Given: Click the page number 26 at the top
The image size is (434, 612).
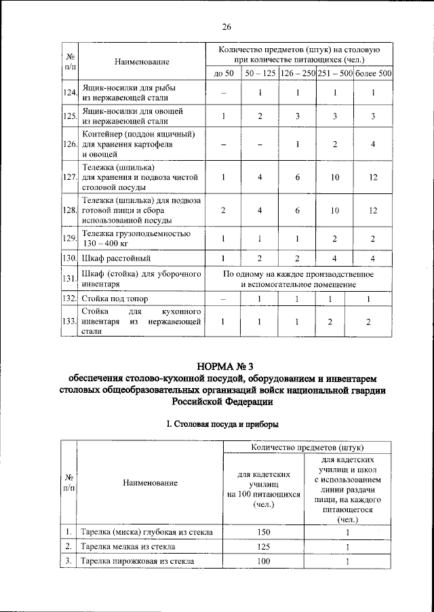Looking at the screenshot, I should point(226,27).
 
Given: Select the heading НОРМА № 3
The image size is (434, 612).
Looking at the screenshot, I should point(226,365).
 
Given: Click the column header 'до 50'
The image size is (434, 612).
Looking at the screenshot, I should point(223,73).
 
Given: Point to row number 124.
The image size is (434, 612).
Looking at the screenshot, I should point(68,92).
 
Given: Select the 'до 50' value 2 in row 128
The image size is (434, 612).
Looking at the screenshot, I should point(223,210).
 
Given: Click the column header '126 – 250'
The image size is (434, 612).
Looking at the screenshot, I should point(298,73).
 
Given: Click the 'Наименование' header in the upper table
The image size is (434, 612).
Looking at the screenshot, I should point(141,62).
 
